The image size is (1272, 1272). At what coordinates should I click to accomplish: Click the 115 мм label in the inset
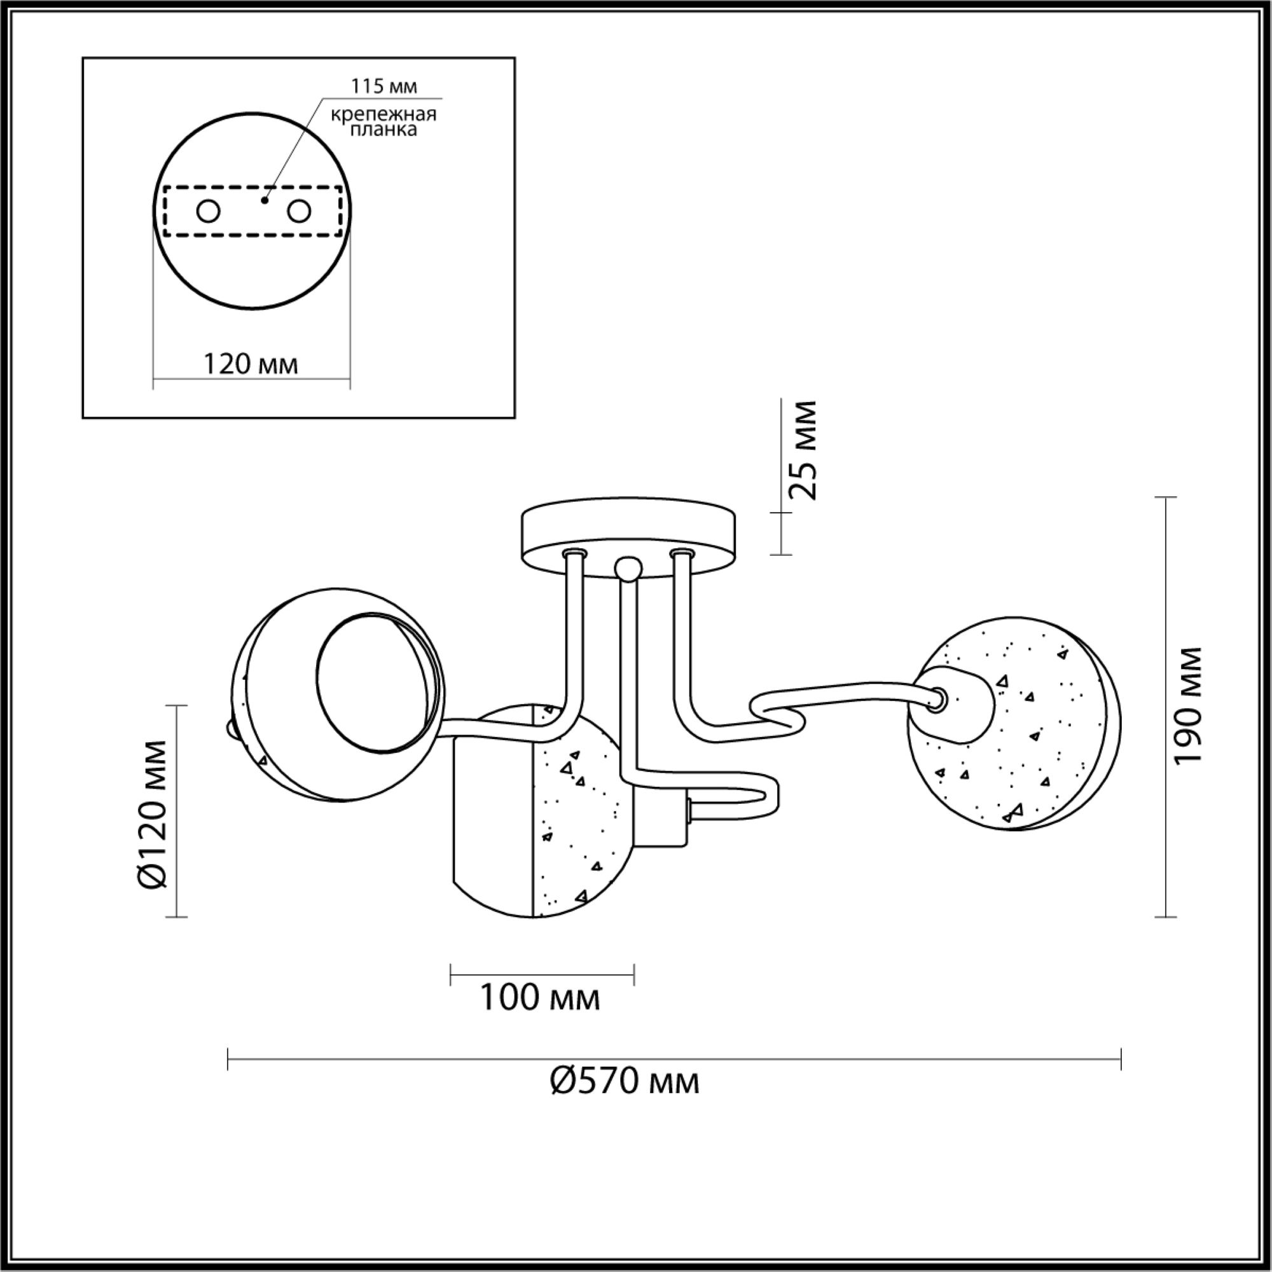pyautogui.click(x=384, y=86)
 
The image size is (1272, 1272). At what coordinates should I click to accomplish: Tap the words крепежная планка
pyautogui.click(x=383, y=122)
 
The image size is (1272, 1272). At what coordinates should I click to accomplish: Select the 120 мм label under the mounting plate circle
pyautogui.click(x=250, y=363)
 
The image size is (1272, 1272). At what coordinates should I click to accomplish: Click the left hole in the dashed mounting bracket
pyautogui.click(x=209, y=212)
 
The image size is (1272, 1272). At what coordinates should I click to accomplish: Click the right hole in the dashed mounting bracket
pyautogui.click(x=298, y=212)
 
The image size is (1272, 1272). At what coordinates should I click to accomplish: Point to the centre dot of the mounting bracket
pyautogui.click(x=265, y=200)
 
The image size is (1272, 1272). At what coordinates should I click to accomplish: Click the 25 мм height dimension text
pyautogui.click(x=802, y=450)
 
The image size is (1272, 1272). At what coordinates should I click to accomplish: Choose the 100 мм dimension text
pyautogui.click(x=540, y=1016)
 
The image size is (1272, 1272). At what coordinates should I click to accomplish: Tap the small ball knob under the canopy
pyautogui.click(x=628, y=568)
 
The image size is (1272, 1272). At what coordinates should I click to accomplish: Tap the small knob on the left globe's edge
pyautogui.click(x=230, y=728)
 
